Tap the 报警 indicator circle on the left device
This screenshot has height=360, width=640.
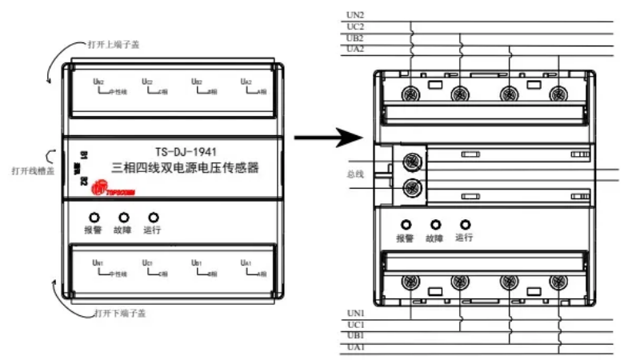click(94, 217)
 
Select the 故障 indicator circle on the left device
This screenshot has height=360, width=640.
click(123, 217)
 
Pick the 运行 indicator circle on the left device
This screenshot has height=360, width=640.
click(153, 217)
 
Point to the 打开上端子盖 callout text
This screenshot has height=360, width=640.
click(113, 44)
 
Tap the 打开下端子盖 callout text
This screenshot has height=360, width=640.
click(120, 312)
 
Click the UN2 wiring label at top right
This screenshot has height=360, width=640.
click(356, 14)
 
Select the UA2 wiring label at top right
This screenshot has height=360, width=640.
click(356, 49)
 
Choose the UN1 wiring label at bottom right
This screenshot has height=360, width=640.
click(356, 313)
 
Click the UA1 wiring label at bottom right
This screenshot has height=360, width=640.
click(356, 348)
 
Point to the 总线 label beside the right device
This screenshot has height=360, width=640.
click(355, 174)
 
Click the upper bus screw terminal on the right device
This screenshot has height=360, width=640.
click(413, 161)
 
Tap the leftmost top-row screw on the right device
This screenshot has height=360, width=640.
click(411, 94)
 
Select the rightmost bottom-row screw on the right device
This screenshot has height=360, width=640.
click(556, 282)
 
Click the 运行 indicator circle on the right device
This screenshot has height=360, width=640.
click(465, 225)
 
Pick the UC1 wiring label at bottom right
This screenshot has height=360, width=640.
click(356, 325)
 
